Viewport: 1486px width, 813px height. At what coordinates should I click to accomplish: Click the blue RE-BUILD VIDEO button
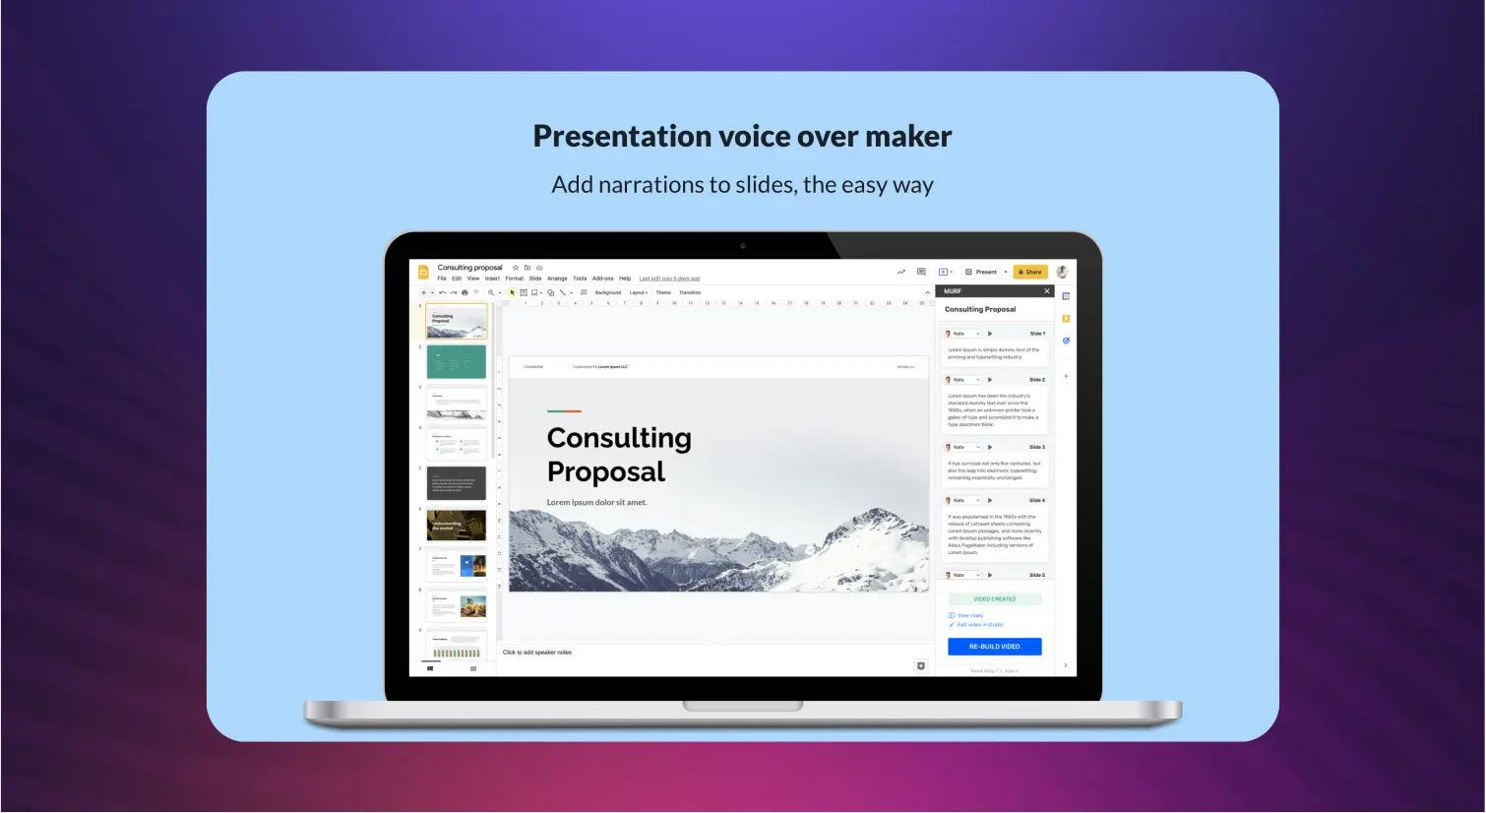(994, 647)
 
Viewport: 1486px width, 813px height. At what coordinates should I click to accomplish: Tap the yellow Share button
(1030, 272)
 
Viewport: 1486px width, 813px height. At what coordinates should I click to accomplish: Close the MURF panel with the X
(1046, 291)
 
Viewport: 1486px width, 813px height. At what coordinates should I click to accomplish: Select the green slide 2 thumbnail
(457, 361)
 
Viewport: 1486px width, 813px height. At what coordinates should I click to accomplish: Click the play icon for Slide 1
(989, 334)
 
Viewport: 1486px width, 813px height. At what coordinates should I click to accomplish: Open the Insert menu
(492, 279)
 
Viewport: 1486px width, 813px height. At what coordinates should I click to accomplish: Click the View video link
(969, 615)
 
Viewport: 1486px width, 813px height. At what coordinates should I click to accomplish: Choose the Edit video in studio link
(979, 625)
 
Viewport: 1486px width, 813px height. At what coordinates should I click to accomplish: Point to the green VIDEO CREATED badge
(994, 598)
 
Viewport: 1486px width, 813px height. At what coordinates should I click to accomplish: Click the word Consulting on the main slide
(619, 438)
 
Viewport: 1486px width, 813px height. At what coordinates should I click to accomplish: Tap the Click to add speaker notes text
(537, 653)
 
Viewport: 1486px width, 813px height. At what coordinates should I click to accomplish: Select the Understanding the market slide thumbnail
(457, 525)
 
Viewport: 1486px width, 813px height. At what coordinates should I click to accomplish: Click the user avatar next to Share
(1062, 272)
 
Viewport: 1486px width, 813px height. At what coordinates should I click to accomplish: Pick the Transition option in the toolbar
(690, 292)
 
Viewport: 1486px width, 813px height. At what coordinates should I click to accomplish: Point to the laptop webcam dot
(743, 246)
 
